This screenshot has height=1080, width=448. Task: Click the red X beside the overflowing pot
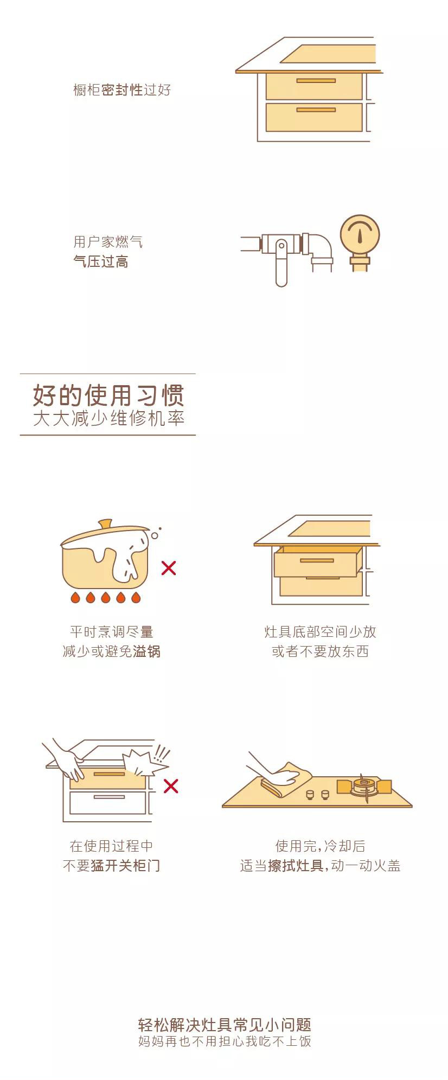coord(169,568)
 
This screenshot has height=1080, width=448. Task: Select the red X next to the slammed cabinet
coord(171,785)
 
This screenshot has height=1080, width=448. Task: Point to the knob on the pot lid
coord(105,524)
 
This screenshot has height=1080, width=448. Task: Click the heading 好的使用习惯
coord(108,395)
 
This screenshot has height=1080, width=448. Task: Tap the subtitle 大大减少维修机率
coord(108,419)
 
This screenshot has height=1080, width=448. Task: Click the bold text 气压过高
coord(101,262)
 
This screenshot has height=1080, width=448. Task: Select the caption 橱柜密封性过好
coord(122,90)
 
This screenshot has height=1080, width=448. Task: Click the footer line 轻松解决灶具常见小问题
coord(225,1025)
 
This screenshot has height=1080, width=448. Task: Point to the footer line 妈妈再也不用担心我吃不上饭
coord(225,1041)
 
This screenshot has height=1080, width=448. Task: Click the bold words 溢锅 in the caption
coord(146,651)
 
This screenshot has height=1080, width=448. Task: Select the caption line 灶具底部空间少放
coord(320,631)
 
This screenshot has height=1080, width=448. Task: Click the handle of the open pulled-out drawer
coord(317,560)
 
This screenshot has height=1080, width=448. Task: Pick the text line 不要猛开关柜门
coord(112,865)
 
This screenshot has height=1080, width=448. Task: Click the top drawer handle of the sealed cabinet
coord(316,81)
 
